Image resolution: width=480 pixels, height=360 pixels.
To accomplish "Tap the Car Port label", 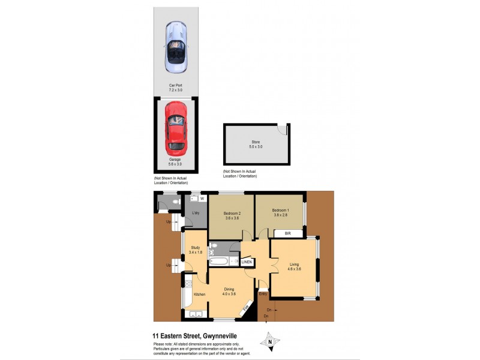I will click(x=175, y=85).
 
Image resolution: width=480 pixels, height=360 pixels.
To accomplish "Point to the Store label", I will click(x=256, y=142).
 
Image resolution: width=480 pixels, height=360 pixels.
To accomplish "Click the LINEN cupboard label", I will click(x=247, y=262).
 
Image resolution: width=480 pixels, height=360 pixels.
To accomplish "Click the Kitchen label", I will click(x=199, y=294).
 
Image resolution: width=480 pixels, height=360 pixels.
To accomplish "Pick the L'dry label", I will click(x=196, y=214).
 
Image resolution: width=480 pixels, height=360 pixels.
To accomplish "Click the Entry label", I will click(x=263, y=293).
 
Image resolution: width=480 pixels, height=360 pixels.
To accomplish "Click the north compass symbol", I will click(x=270, y=341).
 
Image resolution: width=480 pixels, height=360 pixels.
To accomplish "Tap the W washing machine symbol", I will click(x=202, y=199).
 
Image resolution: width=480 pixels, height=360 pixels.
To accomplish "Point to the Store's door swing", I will click(x=283, y=130).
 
